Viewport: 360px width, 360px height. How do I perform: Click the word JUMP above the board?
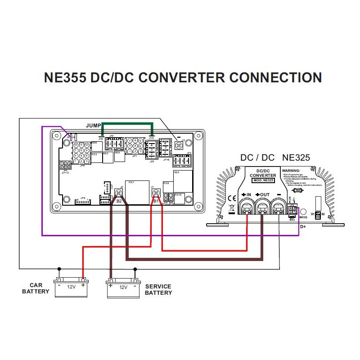93,126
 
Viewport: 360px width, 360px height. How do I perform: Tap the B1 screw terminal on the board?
156,193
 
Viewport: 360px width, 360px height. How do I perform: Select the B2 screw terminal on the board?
119,193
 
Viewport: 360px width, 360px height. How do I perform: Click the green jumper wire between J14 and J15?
127,123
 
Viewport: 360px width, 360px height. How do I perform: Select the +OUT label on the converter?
263,194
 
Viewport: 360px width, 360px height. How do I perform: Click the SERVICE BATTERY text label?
158,289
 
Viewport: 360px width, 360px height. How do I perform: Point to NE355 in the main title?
65,77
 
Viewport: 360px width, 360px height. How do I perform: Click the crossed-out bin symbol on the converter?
232,208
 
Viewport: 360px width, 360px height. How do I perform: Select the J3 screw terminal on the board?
179,145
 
